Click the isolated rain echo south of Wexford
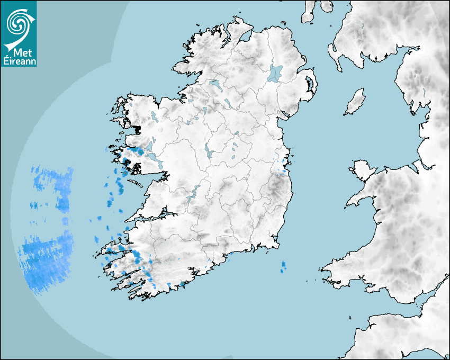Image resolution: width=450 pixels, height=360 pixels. (283, 266)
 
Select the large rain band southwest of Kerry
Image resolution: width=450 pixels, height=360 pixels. (45, 259)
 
